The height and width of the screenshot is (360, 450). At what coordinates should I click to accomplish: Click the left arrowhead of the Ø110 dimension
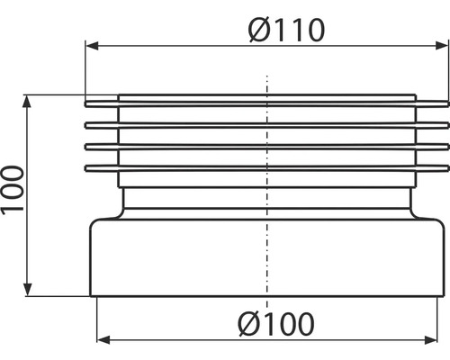pyautogui.click(x=91, y=44)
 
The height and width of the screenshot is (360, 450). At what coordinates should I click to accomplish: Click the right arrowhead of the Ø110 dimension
pyautogui.click(x=438, y=44)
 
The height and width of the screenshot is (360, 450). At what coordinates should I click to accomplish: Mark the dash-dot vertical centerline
pyautogui.click(x=267, y=225)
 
